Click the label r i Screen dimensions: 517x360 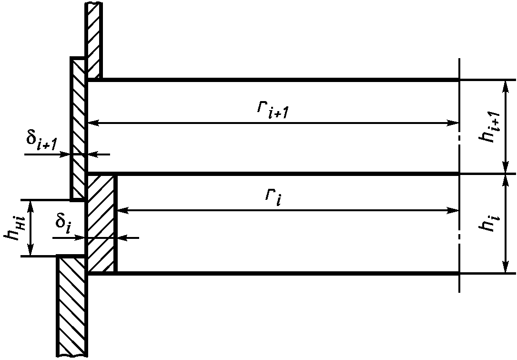coord(274,196)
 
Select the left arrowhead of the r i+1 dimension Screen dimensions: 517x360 coord(93,123)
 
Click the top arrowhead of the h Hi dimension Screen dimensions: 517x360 coord(31,205)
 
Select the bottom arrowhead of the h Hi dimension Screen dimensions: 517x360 coord(31,252)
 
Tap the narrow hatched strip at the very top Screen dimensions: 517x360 coord(93,38)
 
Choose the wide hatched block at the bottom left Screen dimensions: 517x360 coord(71,305)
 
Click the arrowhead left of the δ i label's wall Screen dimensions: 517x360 coord(81,237)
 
